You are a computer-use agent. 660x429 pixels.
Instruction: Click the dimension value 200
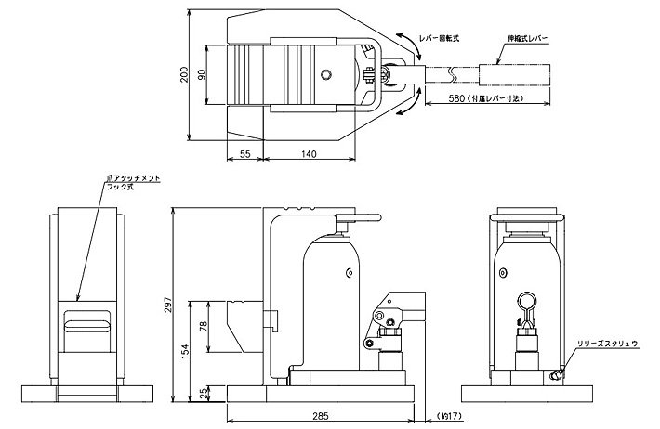tap(186, 75)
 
